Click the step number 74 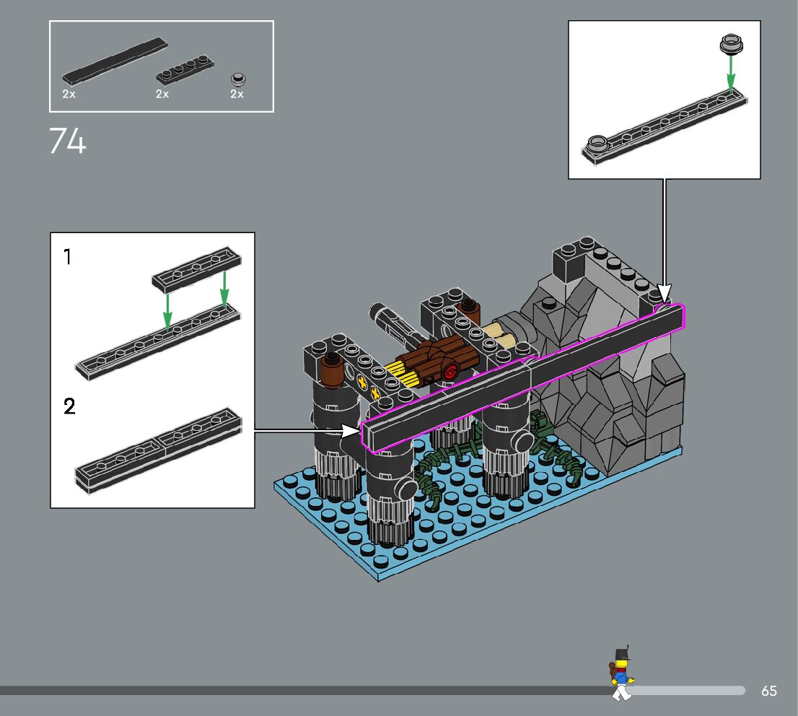click(68, 141)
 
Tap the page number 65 click(769, 691)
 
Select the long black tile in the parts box click(115, 61)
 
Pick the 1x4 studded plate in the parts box click(184, 70)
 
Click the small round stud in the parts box click(237, 79)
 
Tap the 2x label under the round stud click(237, 94)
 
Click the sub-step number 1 click(67, 256)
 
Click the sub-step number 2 click(69, 406)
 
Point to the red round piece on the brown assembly click(450, 372)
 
